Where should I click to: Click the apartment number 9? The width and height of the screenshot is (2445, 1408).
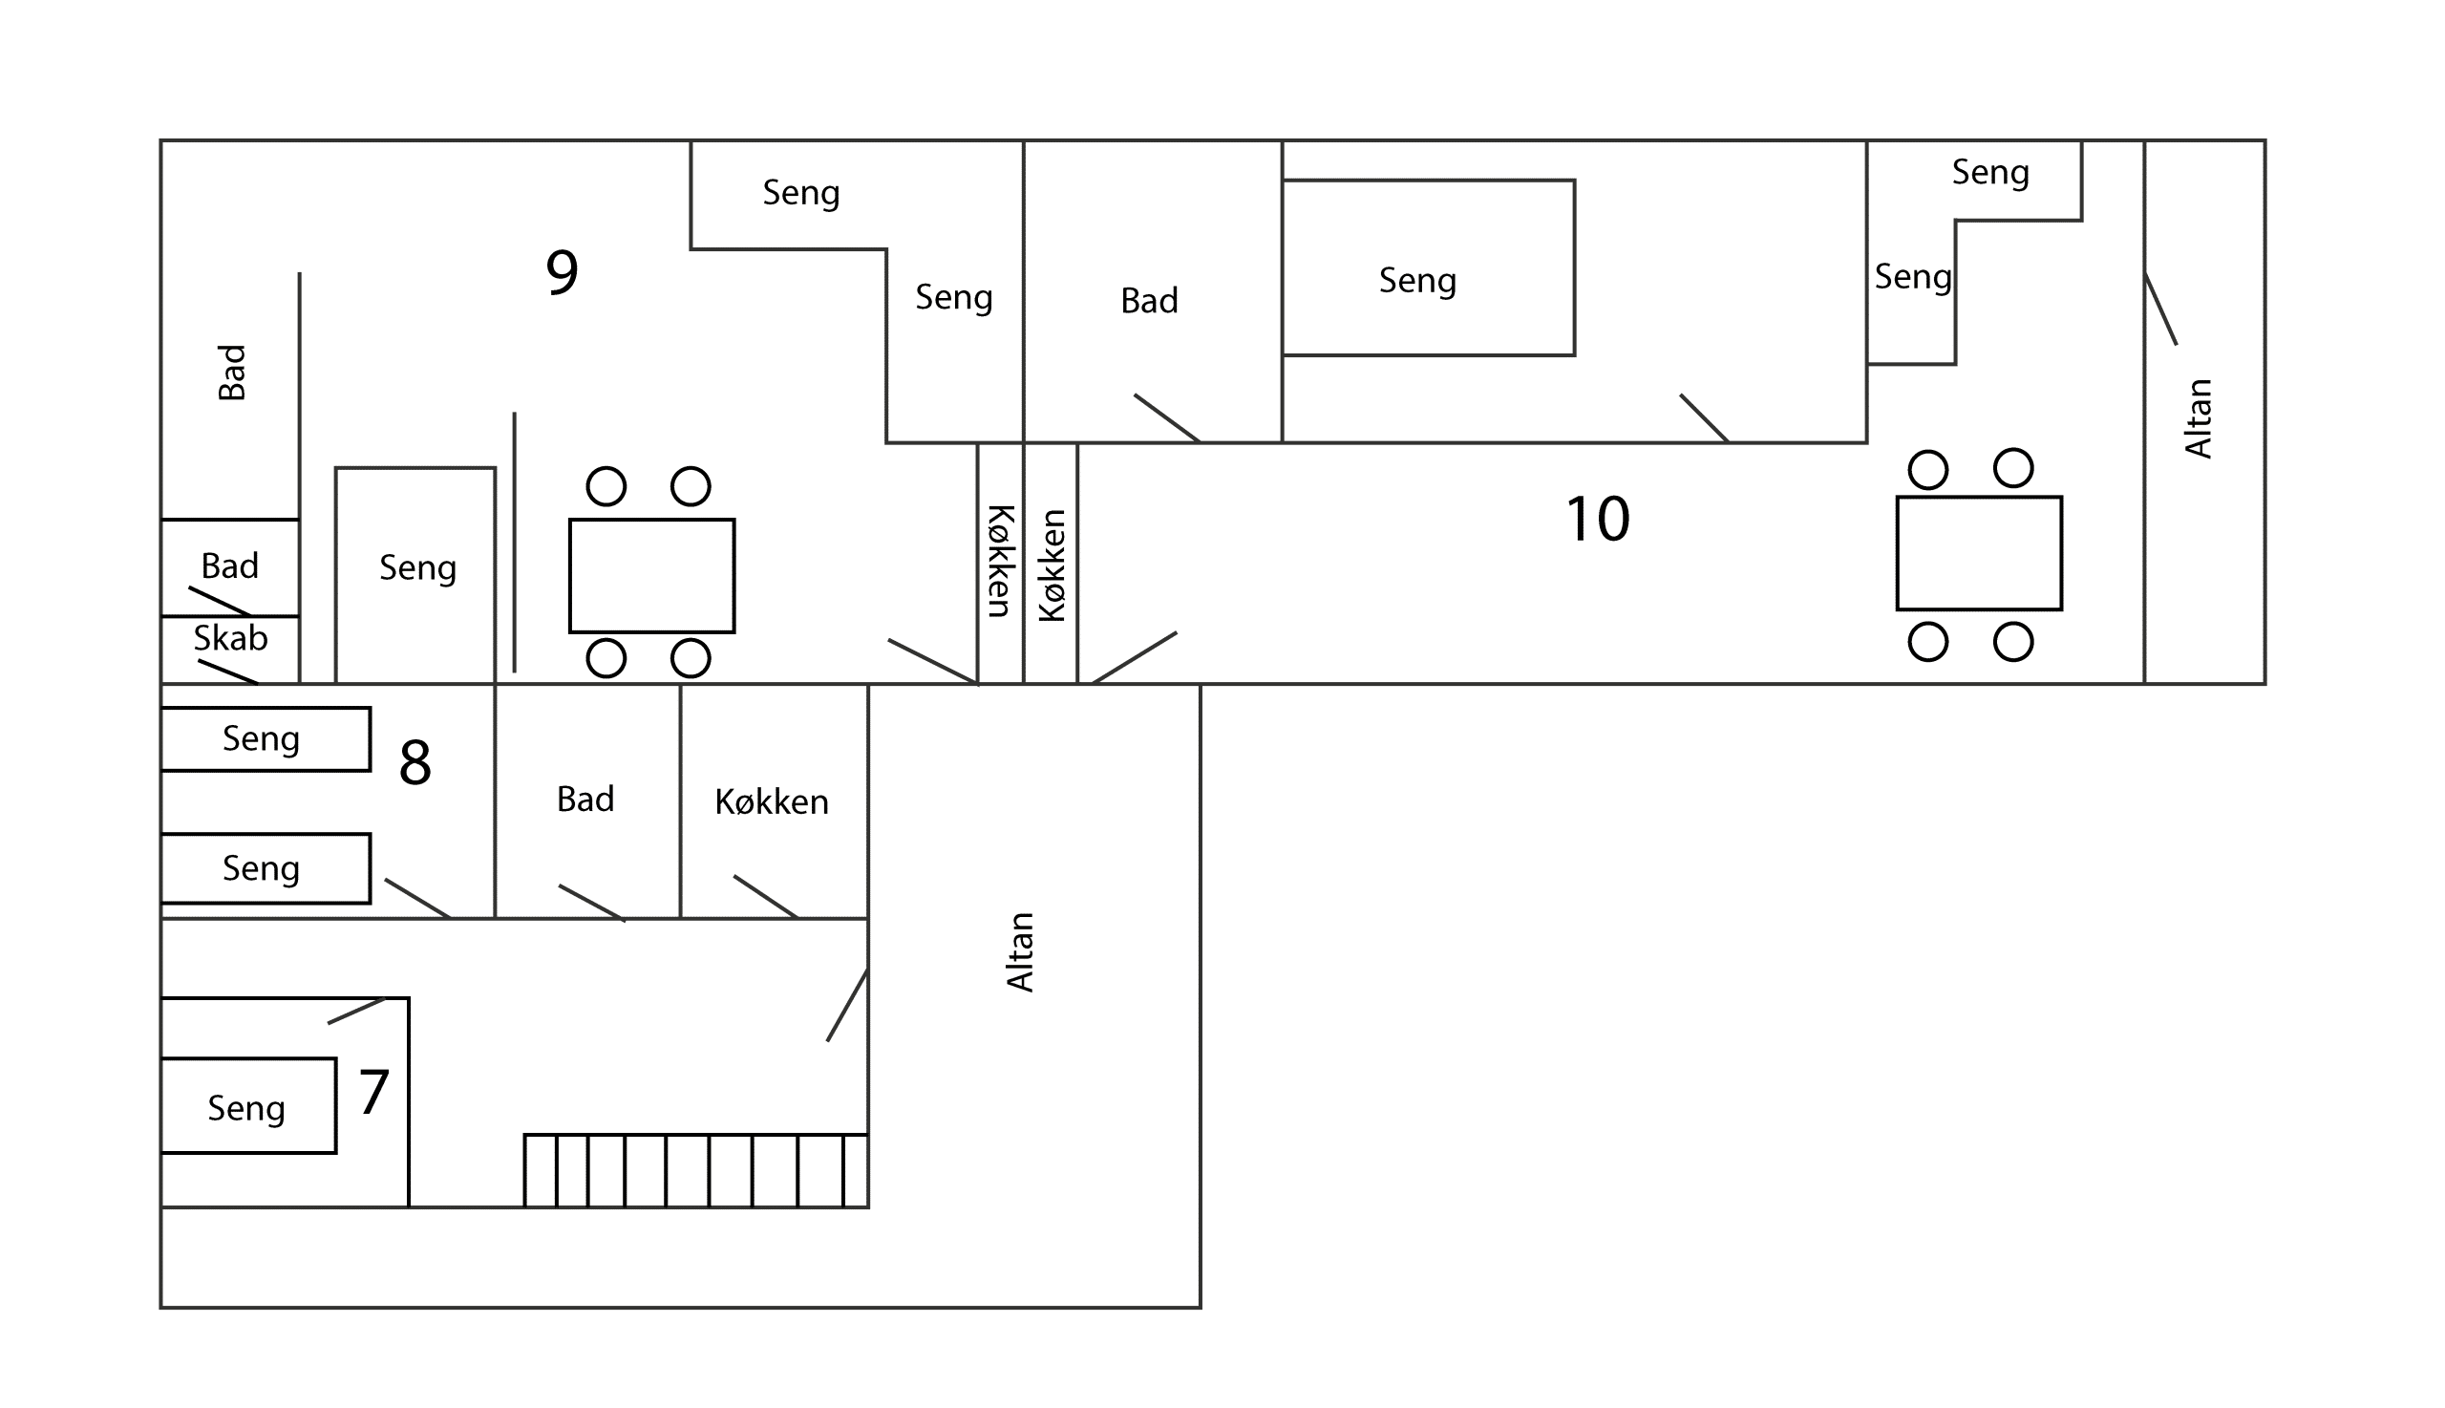(562, 271)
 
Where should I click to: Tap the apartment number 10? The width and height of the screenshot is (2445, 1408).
(1597, 519)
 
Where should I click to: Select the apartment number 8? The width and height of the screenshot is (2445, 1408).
(415, 762)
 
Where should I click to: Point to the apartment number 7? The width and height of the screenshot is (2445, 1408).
(374, 1092)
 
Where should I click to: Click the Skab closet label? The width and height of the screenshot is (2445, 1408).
(230, 638)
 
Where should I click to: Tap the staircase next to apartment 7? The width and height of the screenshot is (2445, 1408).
(696, 1170)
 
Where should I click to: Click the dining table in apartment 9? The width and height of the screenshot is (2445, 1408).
(651, 575)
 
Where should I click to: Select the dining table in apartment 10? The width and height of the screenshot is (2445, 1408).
(1979, 553)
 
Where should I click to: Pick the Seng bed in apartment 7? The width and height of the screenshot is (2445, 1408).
(248, 1105)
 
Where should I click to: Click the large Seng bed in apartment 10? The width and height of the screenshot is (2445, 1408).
(1428, 267)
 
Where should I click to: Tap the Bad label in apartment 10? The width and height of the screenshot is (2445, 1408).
(1150, 301)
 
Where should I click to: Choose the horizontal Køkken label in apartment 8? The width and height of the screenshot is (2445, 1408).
(772, 801)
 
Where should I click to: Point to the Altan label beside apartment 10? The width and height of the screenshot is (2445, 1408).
(2198, 417)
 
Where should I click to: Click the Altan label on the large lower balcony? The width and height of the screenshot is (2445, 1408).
(1020, 951)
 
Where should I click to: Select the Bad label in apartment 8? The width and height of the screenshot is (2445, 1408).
(585, 799)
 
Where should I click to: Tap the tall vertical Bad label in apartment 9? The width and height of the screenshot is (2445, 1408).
(231, 373)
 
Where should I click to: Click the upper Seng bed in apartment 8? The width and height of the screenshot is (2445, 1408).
(265, 738)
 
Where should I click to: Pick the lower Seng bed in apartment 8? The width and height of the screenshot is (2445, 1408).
(265, 868)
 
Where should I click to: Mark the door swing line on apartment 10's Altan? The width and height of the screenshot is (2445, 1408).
(2160, 309)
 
